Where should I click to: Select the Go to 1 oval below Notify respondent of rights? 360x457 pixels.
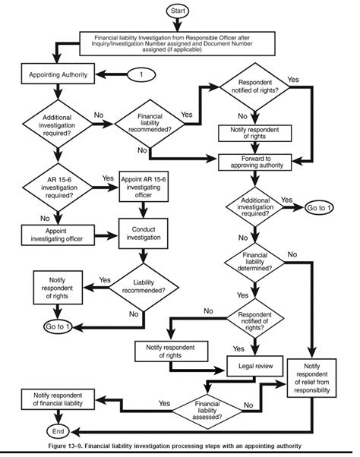point(58,328)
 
